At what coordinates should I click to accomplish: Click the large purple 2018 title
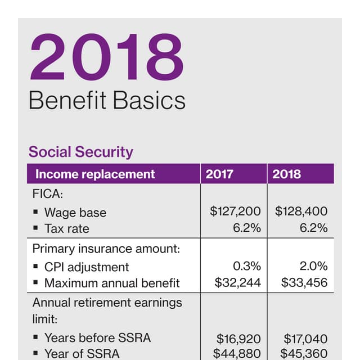(x=107, y=58)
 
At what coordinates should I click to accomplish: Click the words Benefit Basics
(x=106, y=101)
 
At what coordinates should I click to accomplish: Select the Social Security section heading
(x=80, y=152)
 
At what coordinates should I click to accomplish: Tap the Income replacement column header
(x=95, y=174)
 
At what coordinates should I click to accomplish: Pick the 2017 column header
(x=219, y=174)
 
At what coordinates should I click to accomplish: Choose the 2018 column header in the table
(x=287, y=174)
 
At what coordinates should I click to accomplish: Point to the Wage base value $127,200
(x=235, y=211)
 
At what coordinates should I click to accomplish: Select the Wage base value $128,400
(x=301, y=211)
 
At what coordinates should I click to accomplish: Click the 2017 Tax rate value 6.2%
(x=247, y=228)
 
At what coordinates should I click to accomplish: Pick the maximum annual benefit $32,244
(x=237, y=283)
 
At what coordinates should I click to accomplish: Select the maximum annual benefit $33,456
(x=304, y=283)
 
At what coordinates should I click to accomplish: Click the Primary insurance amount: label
(x=106, y=249)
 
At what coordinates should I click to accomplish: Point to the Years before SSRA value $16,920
(x=238, y=339)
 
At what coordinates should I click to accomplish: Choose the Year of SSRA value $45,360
(x=304, y=354)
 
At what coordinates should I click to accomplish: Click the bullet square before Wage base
(x=35, y=212)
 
